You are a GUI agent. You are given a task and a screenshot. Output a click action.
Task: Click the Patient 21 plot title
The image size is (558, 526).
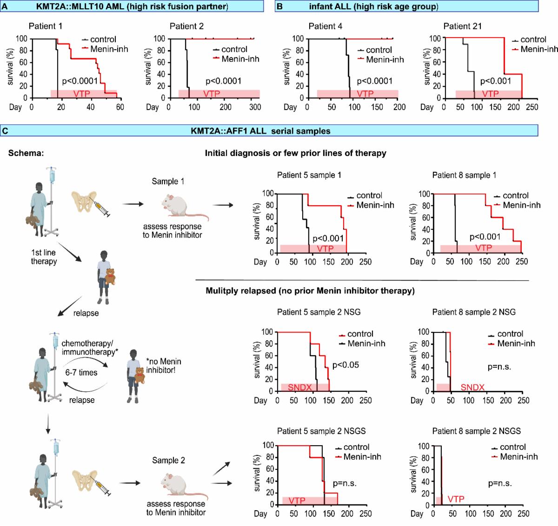point(463,26)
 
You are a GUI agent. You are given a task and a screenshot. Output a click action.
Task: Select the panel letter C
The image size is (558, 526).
point(5,131)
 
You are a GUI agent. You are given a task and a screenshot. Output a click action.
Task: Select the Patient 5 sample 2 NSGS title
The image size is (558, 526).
point(321,431)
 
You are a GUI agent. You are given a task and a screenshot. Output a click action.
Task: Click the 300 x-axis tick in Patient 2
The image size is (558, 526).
point(255,107)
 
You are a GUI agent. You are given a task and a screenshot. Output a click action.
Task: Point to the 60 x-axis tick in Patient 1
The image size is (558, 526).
point(120,107)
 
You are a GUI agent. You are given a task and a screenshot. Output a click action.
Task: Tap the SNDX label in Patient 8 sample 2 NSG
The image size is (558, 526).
point(473,388)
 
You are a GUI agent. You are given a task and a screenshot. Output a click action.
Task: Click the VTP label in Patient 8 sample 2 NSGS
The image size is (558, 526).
point(456,500)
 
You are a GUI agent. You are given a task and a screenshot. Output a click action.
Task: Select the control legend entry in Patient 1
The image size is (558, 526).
point(103,39)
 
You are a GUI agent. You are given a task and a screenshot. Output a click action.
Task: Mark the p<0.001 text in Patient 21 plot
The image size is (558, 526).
point(496,82)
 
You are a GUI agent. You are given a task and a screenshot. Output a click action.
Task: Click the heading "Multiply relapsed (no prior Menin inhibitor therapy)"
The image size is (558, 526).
point(310,291)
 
